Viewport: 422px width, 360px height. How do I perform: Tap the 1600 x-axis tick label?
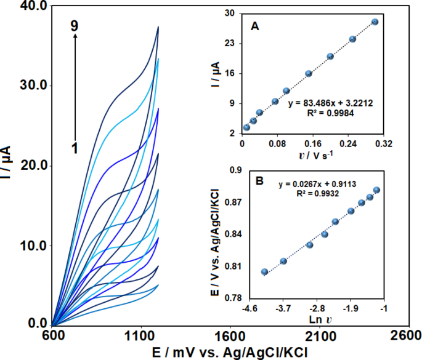[230, 336]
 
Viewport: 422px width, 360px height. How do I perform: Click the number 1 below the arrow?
[75, 148]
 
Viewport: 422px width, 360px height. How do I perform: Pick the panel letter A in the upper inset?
[254, 26]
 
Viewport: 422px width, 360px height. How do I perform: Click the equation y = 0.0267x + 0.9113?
[317, 183]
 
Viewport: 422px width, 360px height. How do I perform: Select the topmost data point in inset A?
[375, 22]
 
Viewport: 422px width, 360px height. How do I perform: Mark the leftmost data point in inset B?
[264, 271]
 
